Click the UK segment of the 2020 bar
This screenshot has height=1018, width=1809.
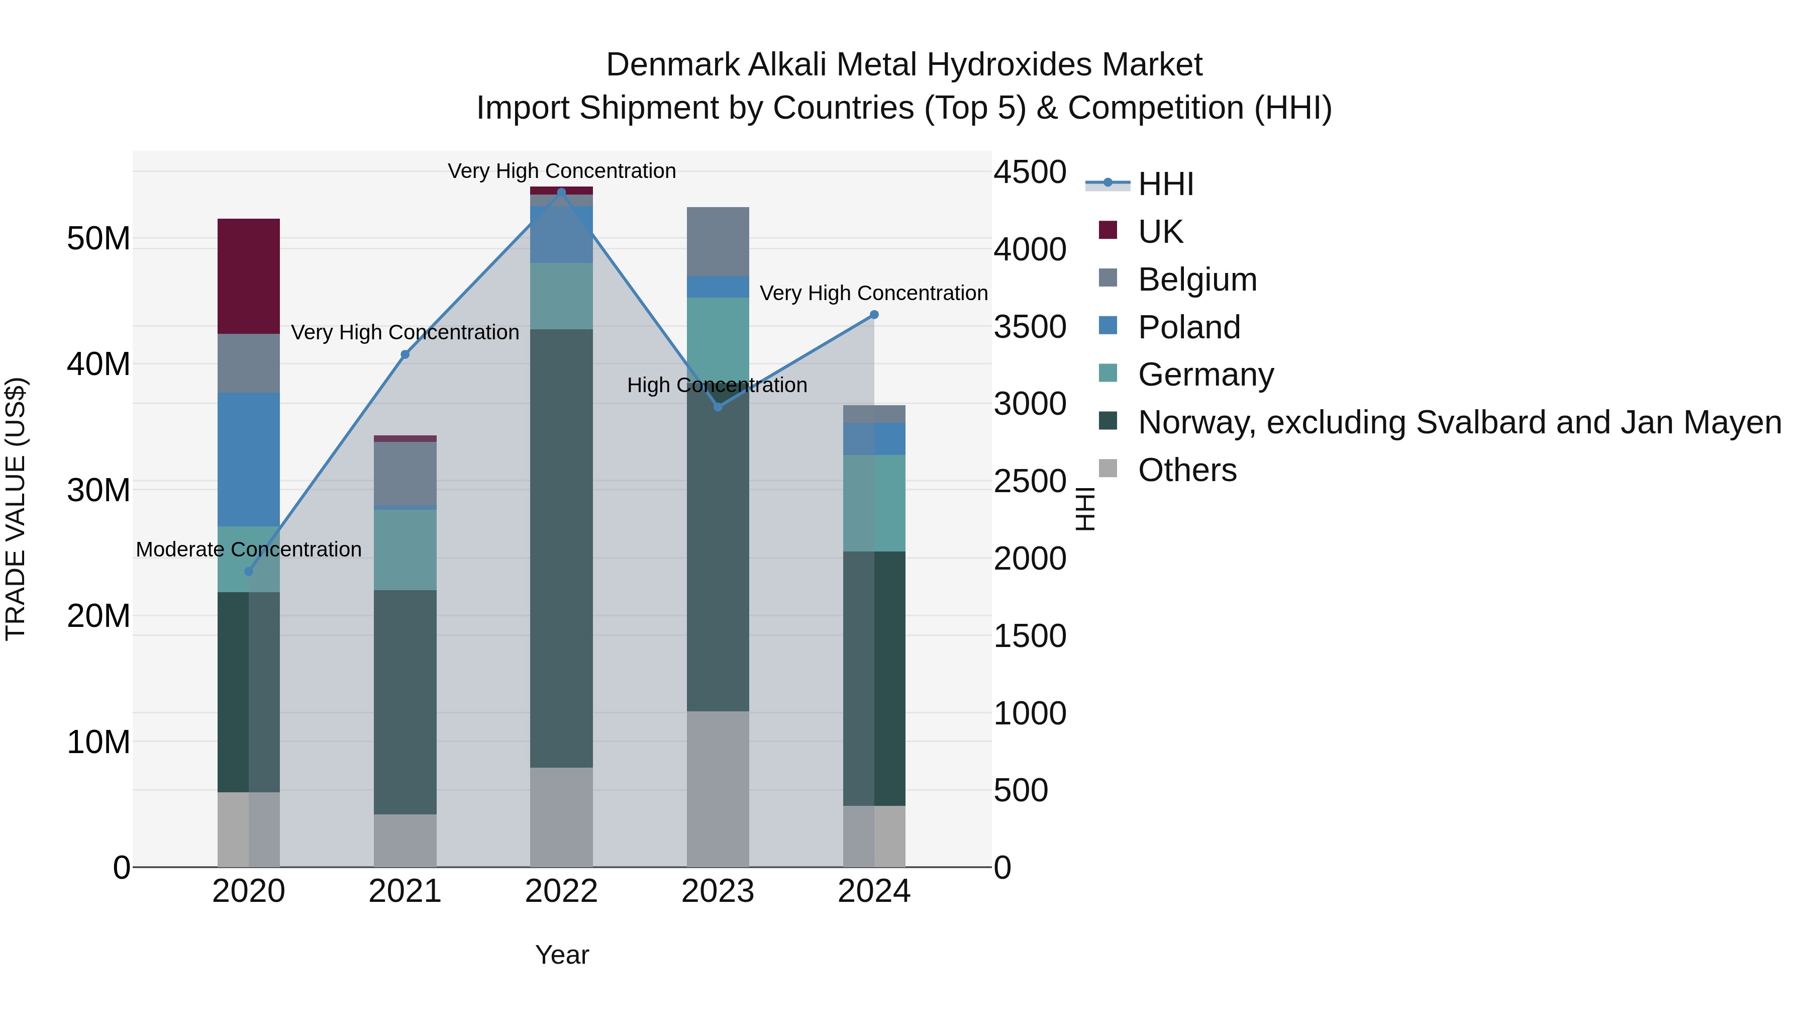click(249, 276)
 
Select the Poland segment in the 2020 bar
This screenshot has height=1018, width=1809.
click(249, 459)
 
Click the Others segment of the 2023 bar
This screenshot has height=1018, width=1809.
click(717, 788)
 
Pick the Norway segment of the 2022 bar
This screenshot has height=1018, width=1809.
click(561, 548)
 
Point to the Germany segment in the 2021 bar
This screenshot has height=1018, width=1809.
click(405, 549)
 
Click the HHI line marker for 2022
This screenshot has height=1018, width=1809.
click(561, 192)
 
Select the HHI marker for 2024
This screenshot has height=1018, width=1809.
click(874, 315)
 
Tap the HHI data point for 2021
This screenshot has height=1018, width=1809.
click(405, 355)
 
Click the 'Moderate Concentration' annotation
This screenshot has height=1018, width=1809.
click(249, 549)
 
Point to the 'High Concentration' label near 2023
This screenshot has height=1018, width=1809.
click(717, 385)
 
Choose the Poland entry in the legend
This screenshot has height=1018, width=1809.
click(1188, 327)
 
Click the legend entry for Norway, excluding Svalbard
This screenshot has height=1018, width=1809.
click(1459, 423)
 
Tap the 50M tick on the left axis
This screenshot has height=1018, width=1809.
click(98, 239)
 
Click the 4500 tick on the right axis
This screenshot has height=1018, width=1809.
click(1030, 172)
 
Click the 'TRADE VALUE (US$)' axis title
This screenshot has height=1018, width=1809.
click(16, 509)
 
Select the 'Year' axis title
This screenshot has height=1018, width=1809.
click(561, 955)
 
